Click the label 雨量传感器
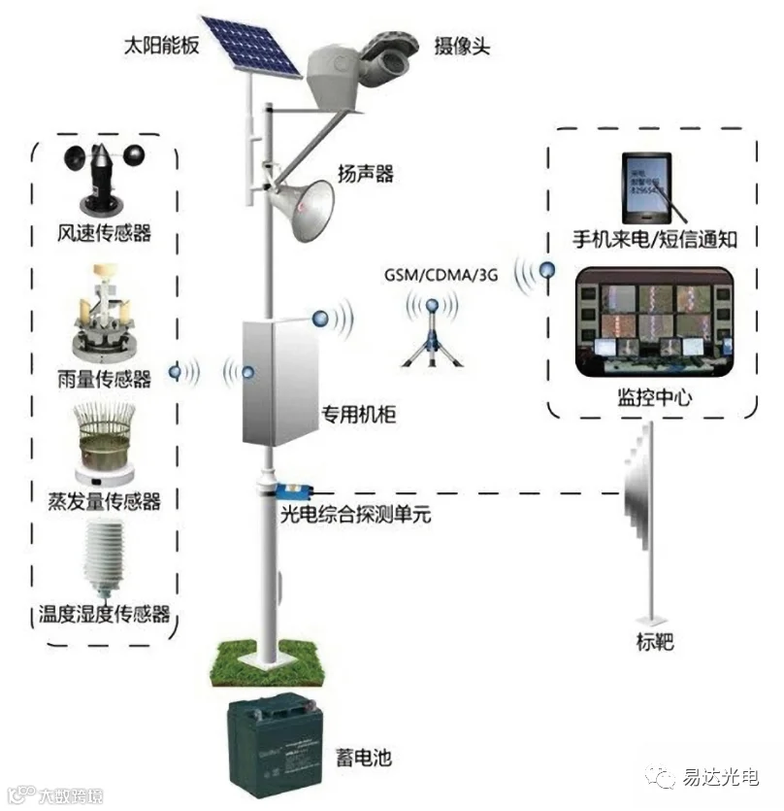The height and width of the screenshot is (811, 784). pyautogui.click(x=104, y=379)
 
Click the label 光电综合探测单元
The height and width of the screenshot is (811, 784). pyautogui.click(x=354, y=515)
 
